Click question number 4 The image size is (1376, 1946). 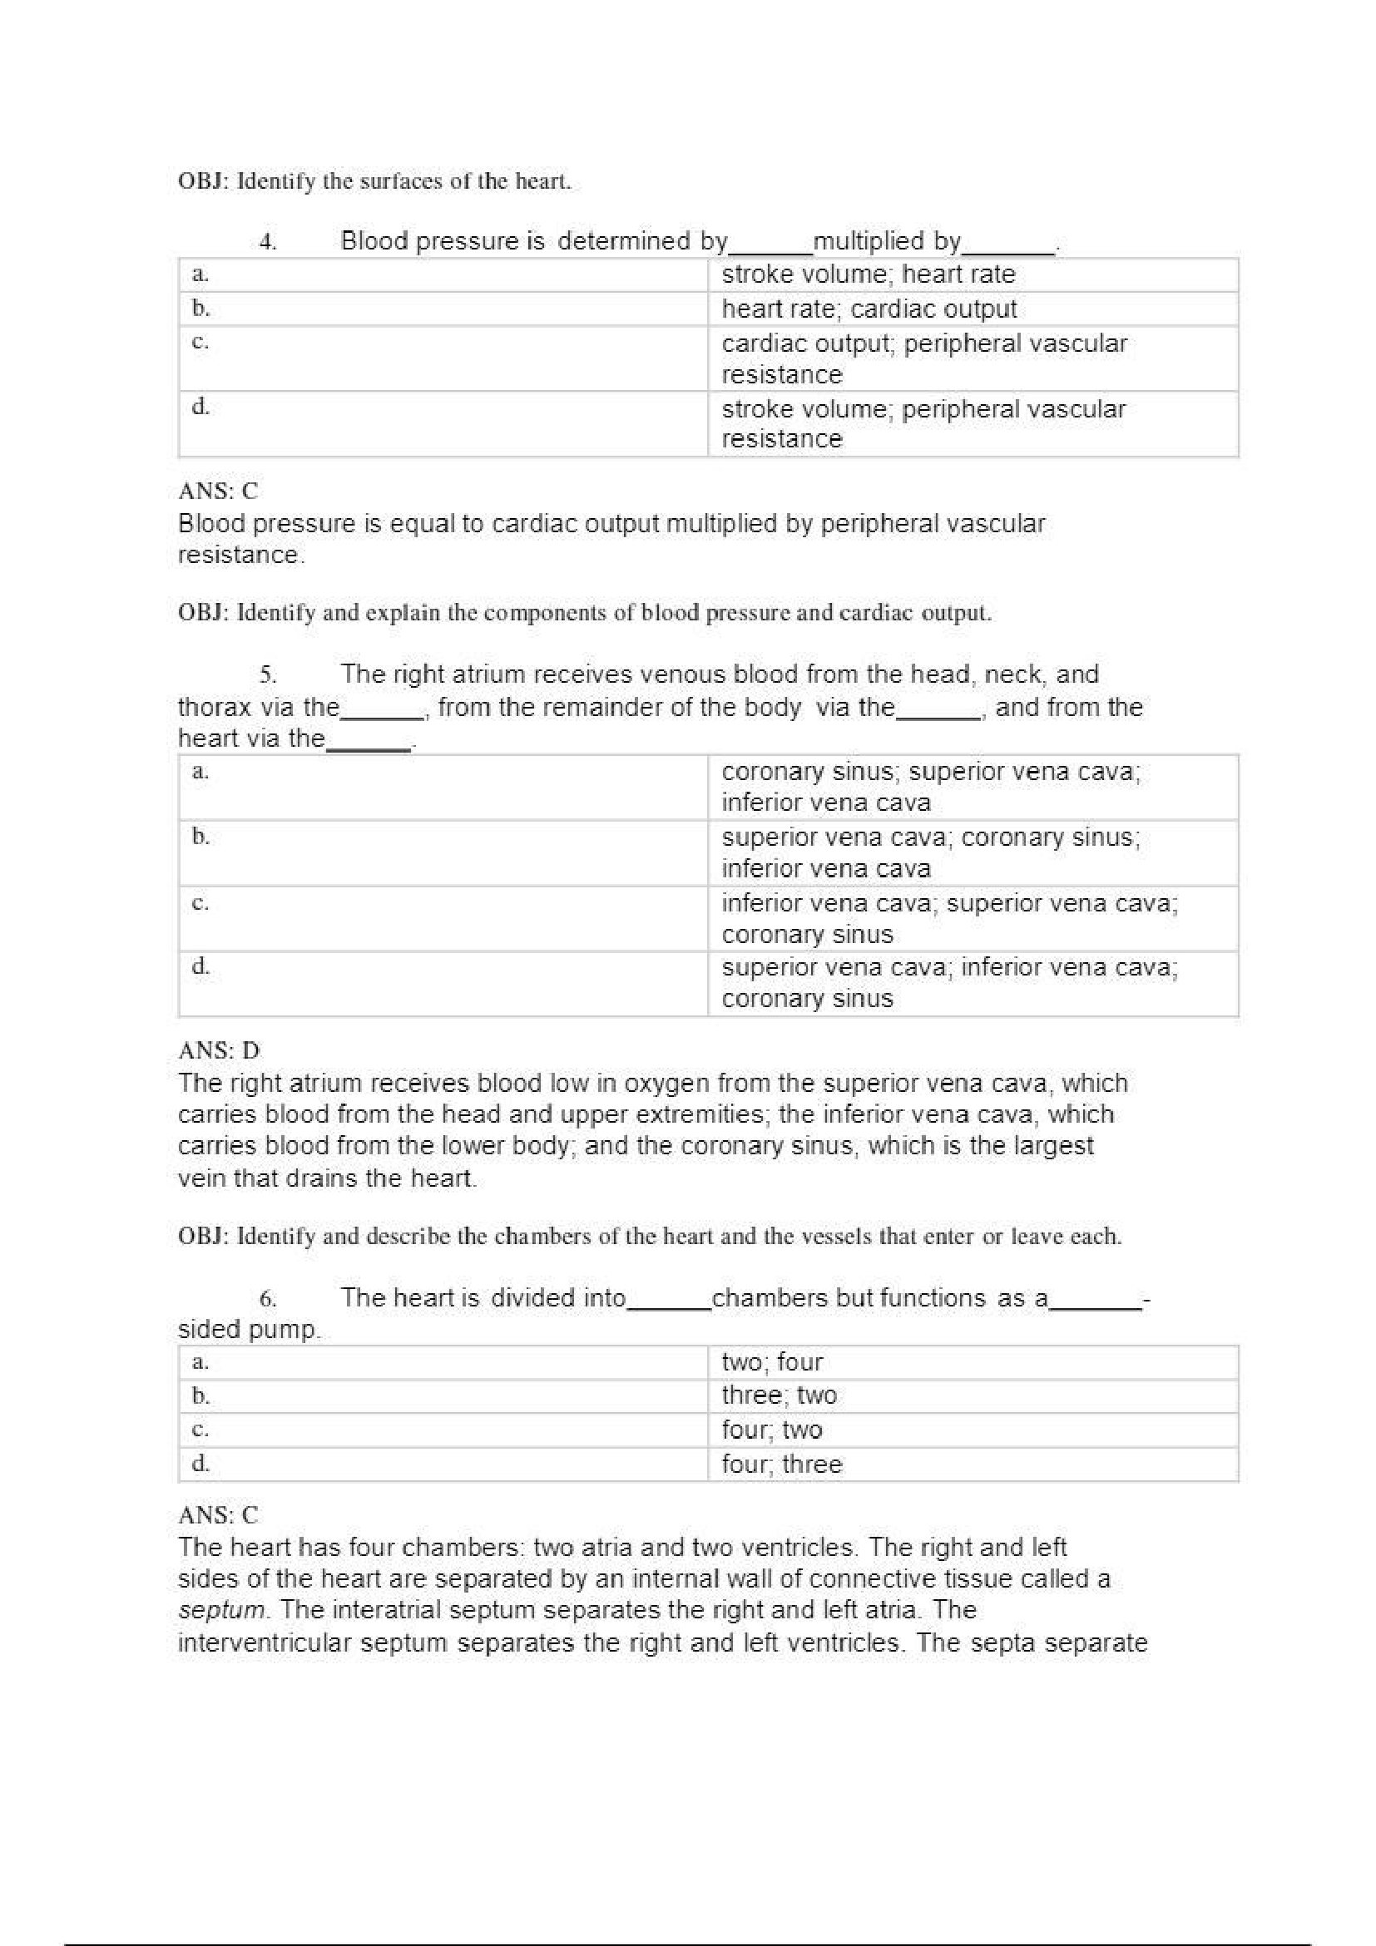coord(268,242)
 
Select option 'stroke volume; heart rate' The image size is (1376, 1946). coord(868,274)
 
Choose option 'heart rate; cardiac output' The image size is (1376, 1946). coord(869,309)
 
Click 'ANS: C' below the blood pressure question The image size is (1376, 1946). coord(218,491)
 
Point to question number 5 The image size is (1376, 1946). coord(268,675)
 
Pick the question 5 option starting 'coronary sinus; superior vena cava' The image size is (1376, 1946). coord(930,787)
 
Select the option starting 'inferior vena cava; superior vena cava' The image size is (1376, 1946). coord(948,919)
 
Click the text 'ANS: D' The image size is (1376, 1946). coord(219,1050)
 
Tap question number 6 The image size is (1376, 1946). coord(268,1299)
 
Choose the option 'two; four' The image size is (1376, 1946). coord(771,1362)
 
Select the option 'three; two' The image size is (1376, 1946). coord(779,1396)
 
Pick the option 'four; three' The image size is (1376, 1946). coord(781,1464)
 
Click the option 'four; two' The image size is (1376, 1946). coord(771,1430)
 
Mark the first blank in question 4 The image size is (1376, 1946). coord(770,248)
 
